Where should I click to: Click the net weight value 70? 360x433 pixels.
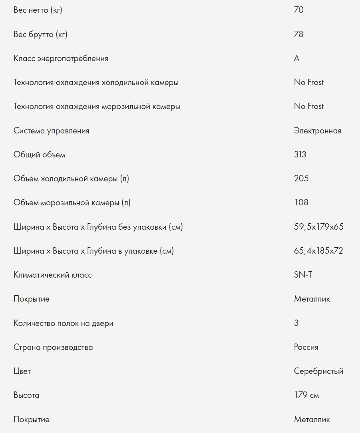pyautogui.click(x=298, y=10)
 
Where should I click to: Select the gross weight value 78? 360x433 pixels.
pyautogui.click(x=298, y=34)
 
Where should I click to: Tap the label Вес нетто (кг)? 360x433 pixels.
pyautogui.click(x=38, y=10)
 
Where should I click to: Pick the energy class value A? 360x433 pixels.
pyautogui.click(x=296, y=58)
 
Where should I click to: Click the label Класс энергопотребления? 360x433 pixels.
pyautogui.click(x=61, y=58)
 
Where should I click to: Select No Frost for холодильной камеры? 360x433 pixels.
pyautogui.click(x=309, y=82)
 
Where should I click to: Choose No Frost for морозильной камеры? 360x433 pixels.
pyautogui.click(x=309, y=106)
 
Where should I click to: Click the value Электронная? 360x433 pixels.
pyautogui.click(x=317, y=131)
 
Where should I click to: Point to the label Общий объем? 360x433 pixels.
pyautogui.click(x=39, y=155)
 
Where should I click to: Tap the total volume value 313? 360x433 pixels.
pyautogui.click(x=300, y=155)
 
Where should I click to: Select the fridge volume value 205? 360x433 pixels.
pyautogui.click(x=301, y=179)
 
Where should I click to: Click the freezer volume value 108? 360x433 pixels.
pyautogui.click(x=301, y=203)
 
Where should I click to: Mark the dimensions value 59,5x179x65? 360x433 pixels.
pyautogui.click(x=318, y=227)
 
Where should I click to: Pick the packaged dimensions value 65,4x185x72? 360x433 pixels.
pyautogui.click(x=318, y=251)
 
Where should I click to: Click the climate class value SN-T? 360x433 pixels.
pyautogui.click(x=303, y=275)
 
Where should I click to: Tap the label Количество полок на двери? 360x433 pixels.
pyautogui.click(x=64, y=323)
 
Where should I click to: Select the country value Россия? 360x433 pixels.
pyautogui.click(x=306, y=347)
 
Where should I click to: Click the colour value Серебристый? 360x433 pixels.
pyautogui.click(x=318, y=371)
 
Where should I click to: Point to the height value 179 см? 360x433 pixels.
pyautogui.click(x=306, y=395)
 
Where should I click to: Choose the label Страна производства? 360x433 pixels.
pyautogui.click(x=53, y=347)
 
